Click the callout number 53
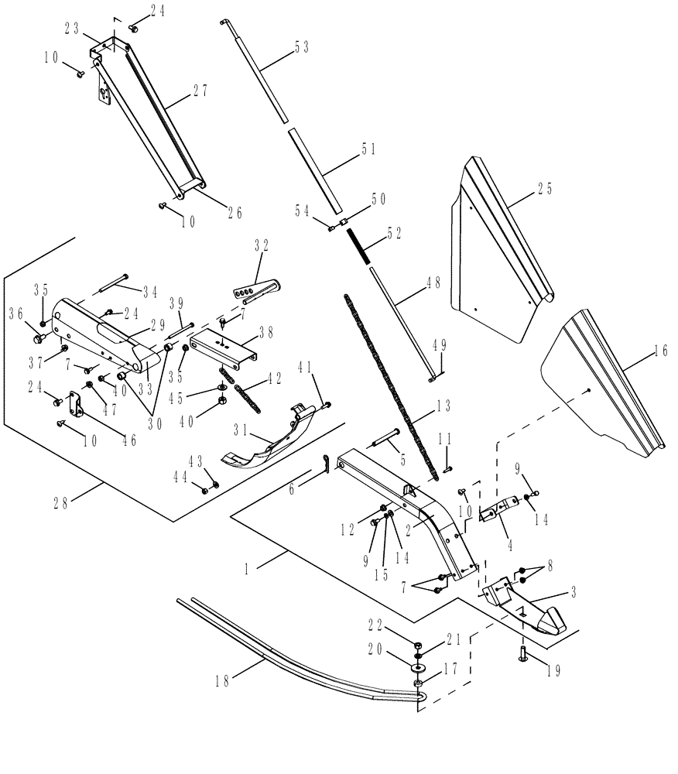tap(300, 46)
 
